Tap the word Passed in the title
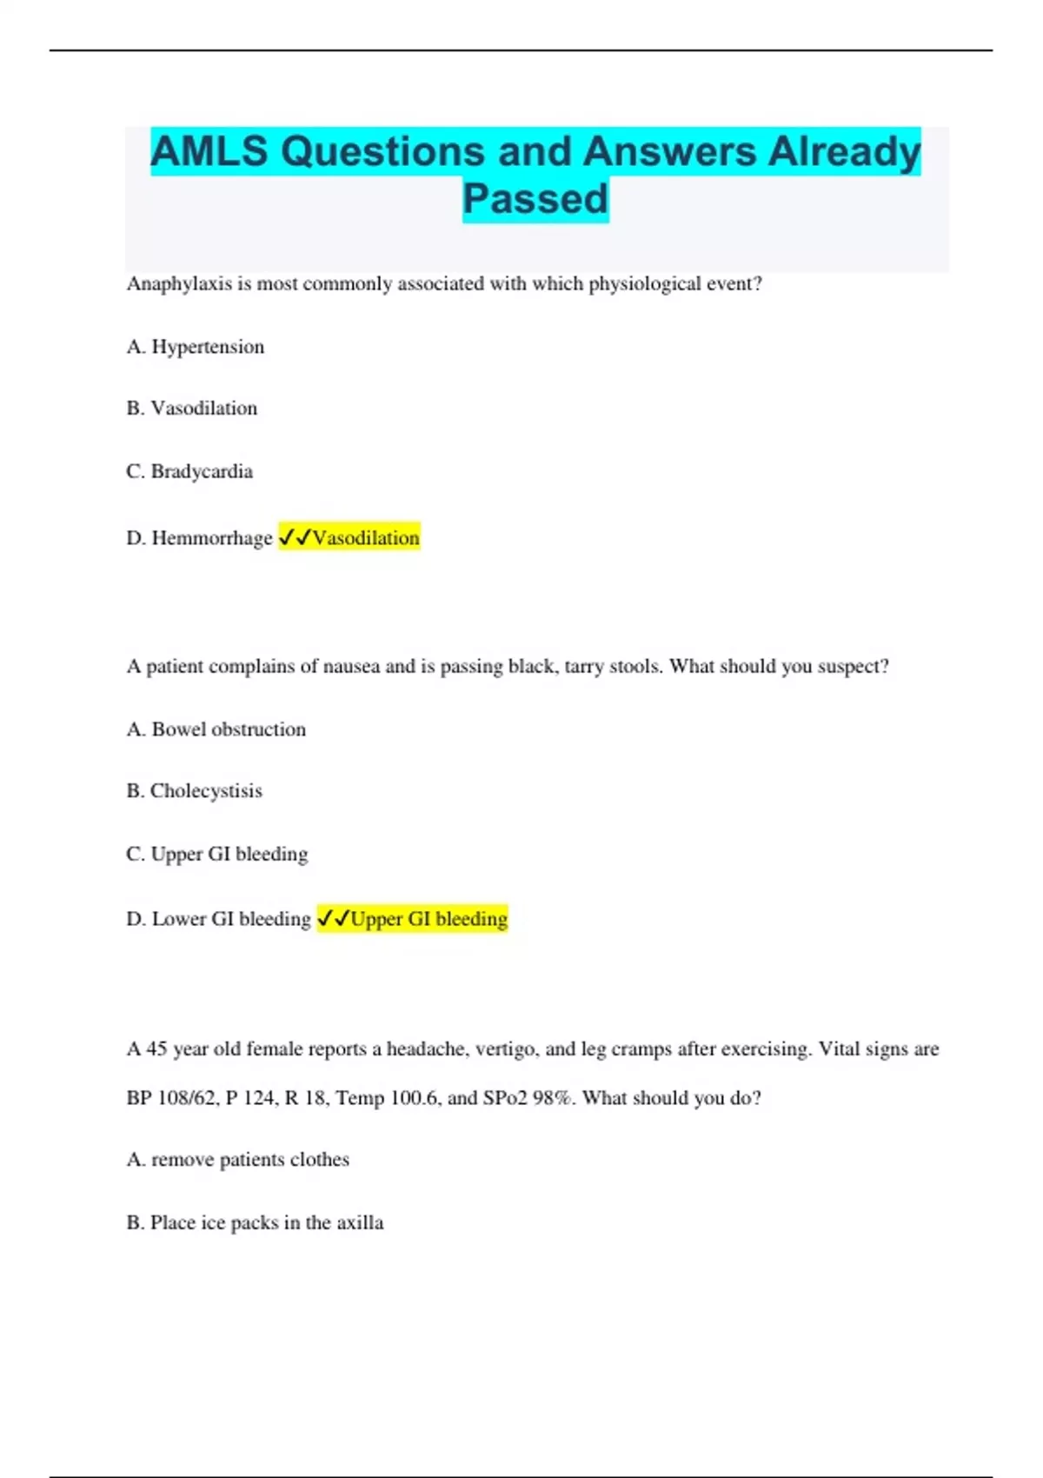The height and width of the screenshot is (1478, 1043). (535, 199)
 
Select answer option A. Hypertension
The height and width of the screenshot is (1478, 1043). (196, 347)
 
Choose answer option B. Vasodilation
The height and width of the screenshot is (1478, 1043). (192, 409)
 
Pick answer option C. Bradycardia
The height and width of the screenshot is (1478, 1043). (189, 471)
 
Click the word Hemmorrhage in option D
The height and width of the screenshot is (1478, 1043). (212, 538)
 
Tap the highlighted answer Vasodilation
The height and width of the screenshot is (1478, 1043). (366, 538)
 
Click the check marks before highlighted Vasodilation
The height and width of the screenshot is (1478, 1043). (295, 538)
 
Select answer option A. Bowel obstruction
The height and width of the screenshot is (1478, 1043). (216, 729)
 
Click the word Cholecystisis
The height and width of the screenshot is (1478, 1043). (206, 791)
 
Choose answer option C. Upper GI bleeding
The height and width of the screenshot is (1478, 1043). (217, 855)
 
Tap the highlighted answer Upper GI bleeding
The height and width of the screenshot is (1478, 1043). (428, 919)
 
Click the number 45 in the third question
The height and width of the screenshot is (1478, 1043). (156, 1049)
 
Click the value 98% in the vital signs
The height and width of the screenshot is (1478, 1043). (552, 1098)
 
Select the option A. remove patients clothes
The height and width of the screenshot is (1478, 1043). (238, 1160)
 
